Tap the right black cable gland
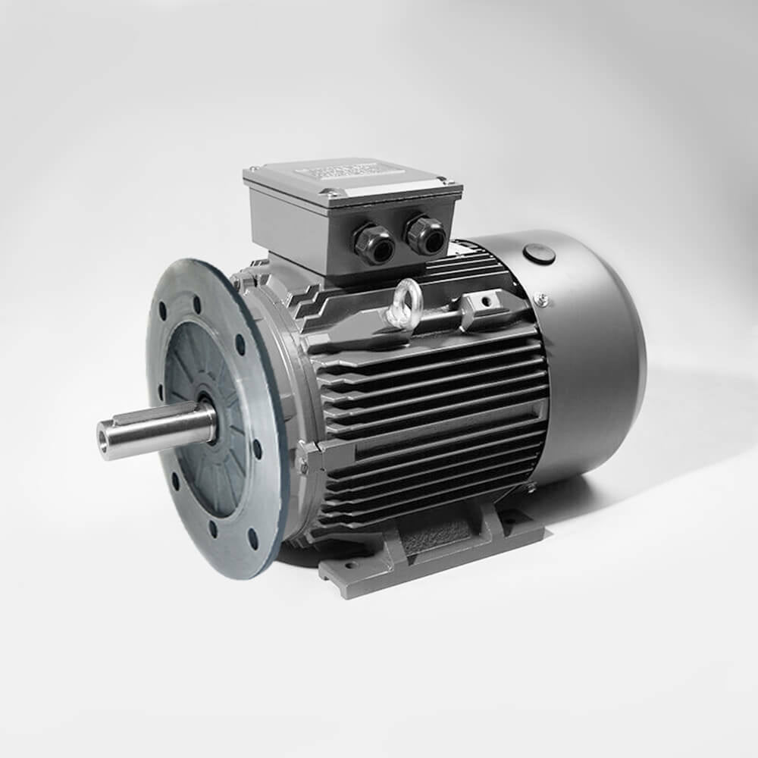[425, 236]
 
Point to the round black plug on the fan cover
[539, 254]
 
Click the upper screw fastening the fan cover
[540, 299]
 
